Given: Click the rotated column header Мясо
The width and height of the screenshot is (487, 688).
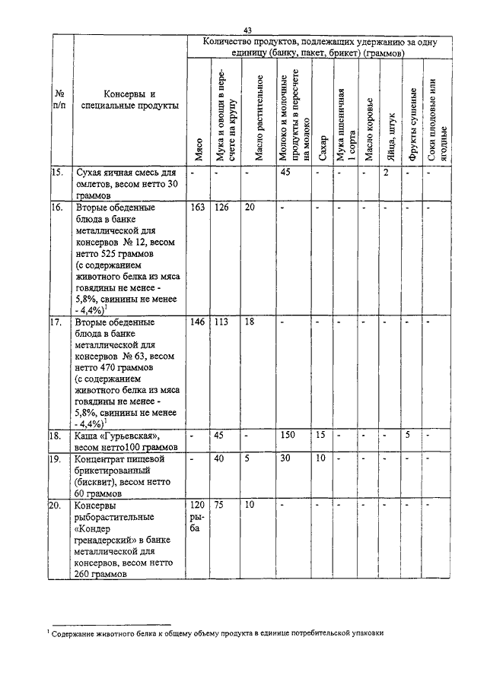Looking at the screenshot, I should pyautogui.click(x=198, y=147).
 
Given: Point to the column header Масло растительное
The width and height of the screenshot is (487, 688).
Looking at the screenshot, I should pyautogui.click(x=259, y=118).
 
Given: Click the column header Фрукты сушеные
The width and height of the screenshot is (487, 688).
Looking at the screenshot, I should pyautogui.click(x=412, y=125).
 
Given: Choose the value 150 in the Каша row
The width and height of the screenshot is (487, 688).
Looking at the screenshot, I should pyautogui.click(x=288, y=436).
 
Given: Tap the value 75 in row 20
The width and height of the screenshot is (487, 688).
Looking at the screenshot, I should pyautogui.click(x=218, y=505).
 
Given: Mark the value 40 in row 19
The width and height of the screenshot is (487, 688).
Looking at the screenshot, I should pyautogui.click(x=219, y=458).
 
